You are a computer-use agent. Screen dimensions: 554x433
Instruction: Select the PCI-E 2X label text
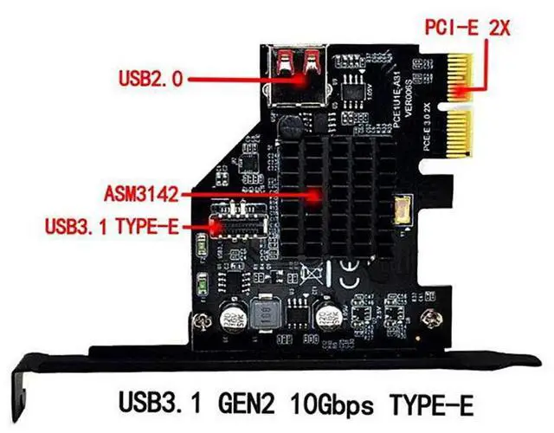[x=468, y=27]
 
